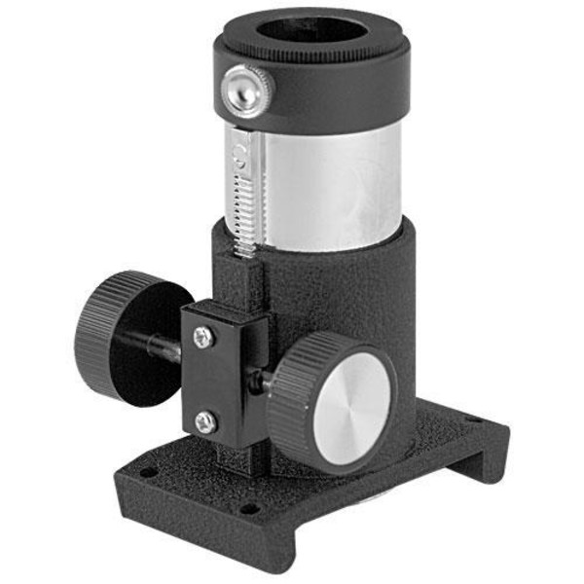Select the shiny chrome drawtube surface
click(331, 185)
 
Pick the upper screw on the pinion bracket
click(203, 337)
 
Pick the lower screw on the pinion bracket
click(204, 421)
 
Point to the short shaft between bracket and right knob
click(260, 382)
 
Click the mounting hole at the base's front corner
click(248, 508)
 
